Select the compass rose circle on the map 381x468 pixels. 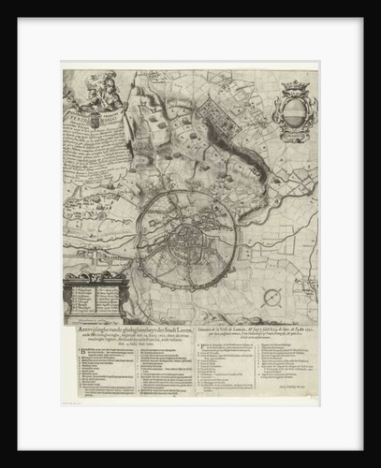[x=271, y=298]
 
